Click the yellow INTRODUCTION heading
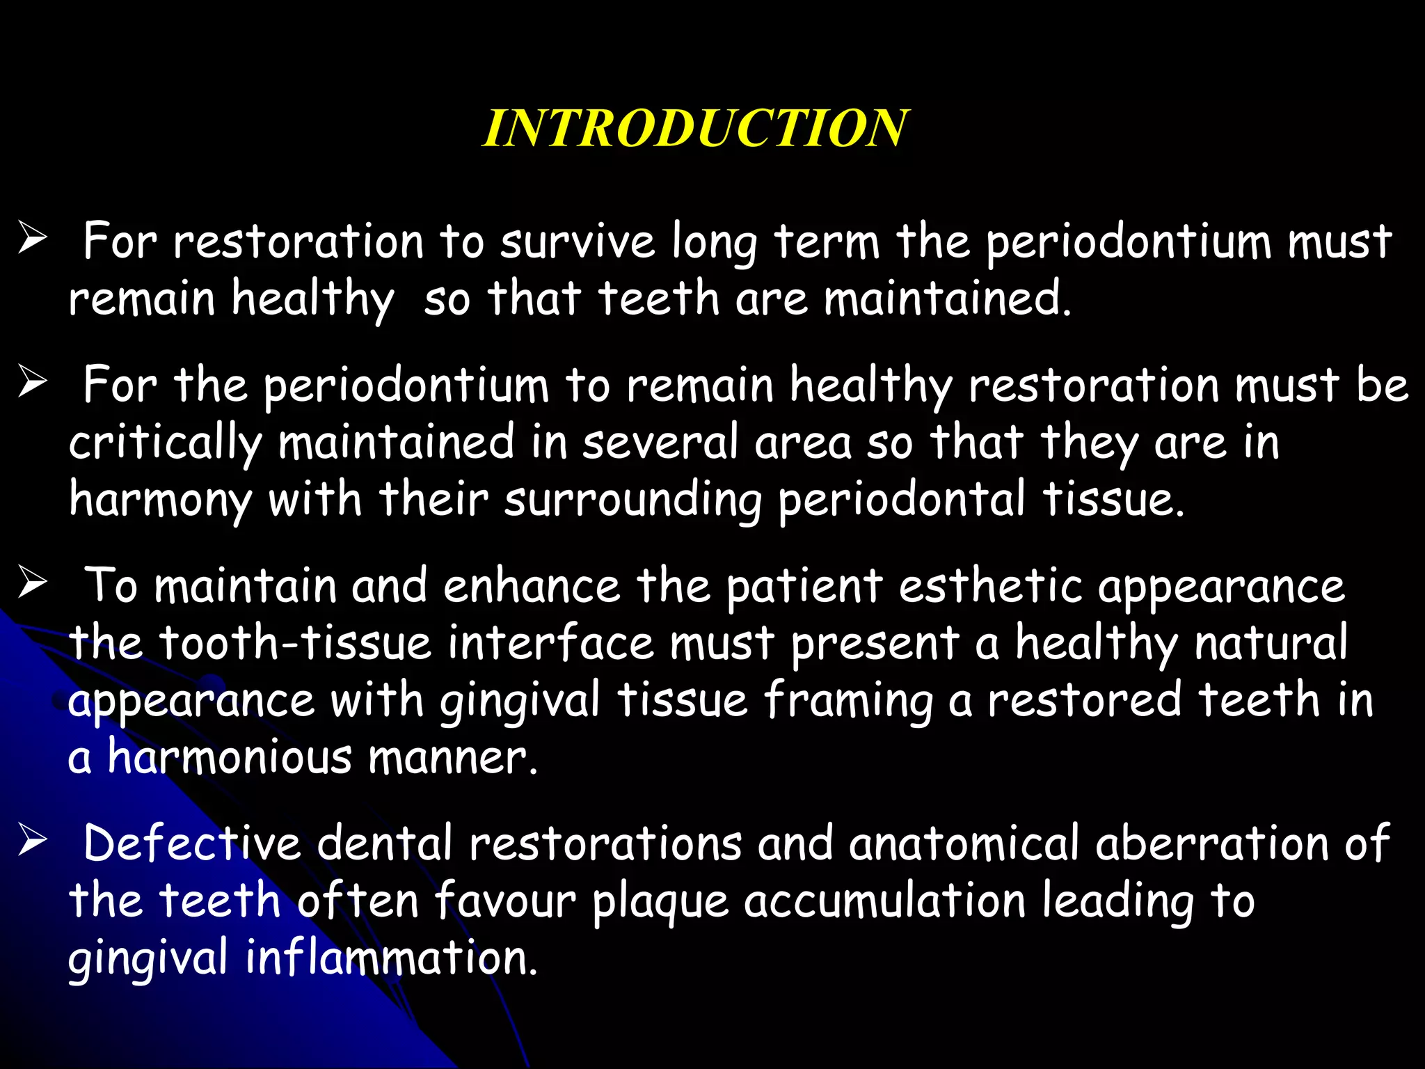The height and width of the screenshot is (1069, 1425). click(694, 129)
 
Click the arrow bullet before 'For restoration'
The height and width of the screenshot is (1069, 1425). click(33, 239)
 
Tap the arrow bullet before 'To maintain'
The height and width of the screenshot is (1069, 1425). click(33, 583)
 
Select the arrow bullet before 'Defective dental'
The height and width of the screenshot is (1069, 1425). click(33, 841)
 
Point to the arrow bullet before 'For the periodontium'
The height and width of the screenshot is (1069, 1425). click(33, 382)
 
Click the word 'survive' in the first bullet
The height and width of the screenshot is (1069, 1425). click(578, 242)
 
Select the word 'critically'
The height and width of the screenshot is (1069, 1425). click(166, 444)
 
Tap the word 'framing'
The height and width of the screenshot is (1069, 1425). click(848, 702)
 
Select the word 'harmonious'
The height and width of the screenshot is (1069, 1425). click(230, 758)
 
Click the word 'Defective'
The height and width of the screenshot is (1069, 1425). click(192, 844)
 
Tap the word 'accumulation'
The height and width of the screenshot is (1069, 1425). click(884, 901)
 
